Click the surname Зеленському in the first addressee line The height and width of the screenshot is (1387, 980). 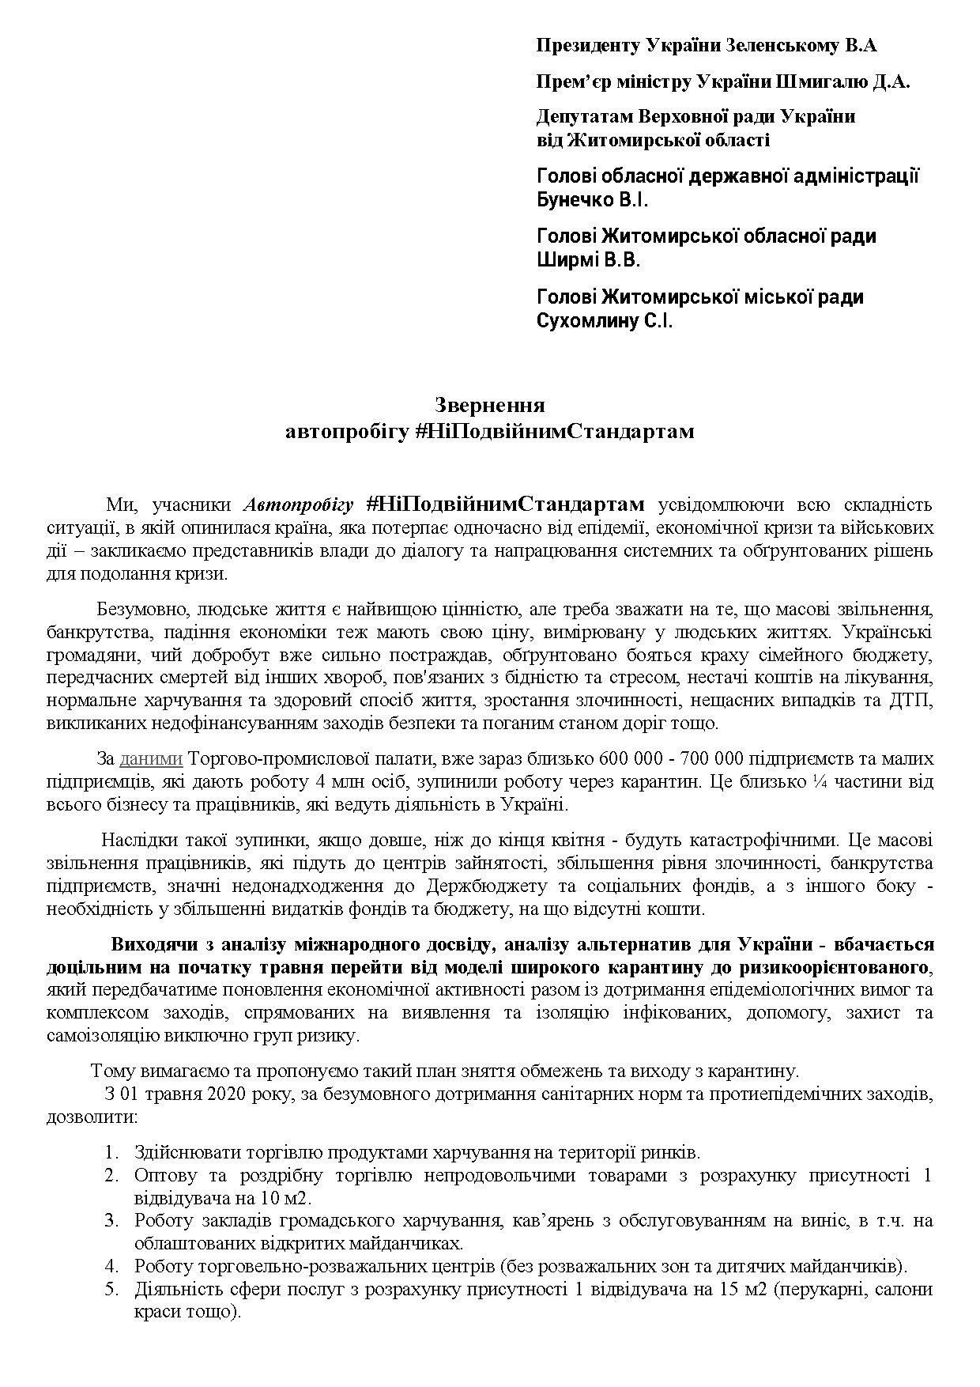coord(778,45)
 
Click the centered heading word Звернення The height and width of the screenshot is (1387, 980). coord(490,406)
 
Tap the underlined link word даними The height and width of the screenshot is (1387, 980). coord(151,759)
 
